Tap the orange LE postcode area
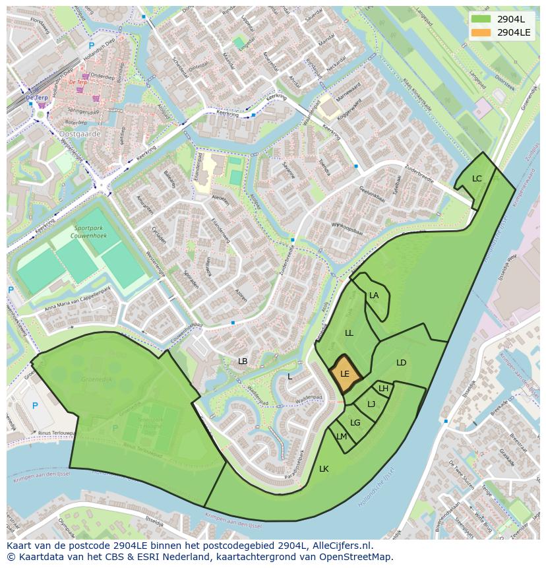346,374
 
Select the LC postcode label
477,179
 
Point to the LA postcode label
374,296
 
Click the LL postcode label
349,333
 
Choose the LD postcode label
401,363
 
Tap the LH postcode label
383,389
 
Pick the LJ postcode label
371,404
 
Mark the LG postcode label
355,423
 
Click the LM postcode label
342,437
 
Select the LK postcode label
324,469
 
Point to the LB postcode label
243,362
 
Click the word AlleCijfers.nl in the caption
342,546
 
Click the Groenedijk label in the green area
97,380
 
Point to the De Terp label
78,82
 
